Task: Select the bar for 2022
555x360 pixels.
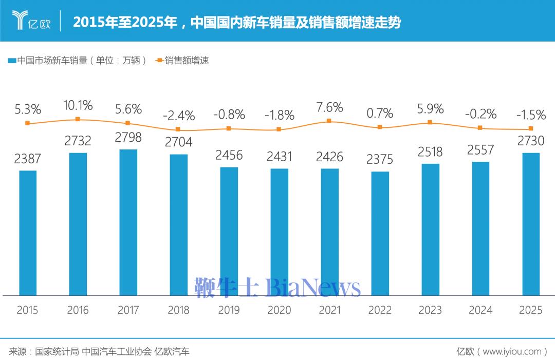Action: pos(380,234)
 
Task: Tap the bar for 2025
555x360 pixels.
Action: pos(531,224)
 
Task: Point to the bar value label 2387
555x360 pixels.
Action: pos(27,159)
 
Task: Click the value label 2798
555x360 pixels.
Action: pos(128,138)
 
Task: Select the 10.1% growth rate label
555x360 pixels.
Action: pos(78,106)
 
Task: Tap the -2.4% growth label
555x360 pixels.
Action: pos(178,116)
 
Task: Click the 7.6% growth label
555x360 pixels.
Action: pos(329,107)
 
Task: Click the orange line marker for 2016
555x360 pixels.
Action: pos(78,119)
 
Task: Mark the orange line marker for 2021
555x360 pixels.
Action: pos(329,121)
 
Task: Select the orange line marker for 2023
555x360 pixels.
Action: pos(430,123)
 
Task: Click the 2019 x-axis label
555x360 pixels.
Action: pos(229,310)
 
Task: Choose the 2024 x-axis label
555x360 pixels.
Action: pos(480,310)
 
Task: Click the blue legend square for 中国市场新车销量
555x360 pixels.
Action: pos(11,61)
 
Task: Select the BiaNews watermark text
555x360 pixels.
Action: pos(313,288)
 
